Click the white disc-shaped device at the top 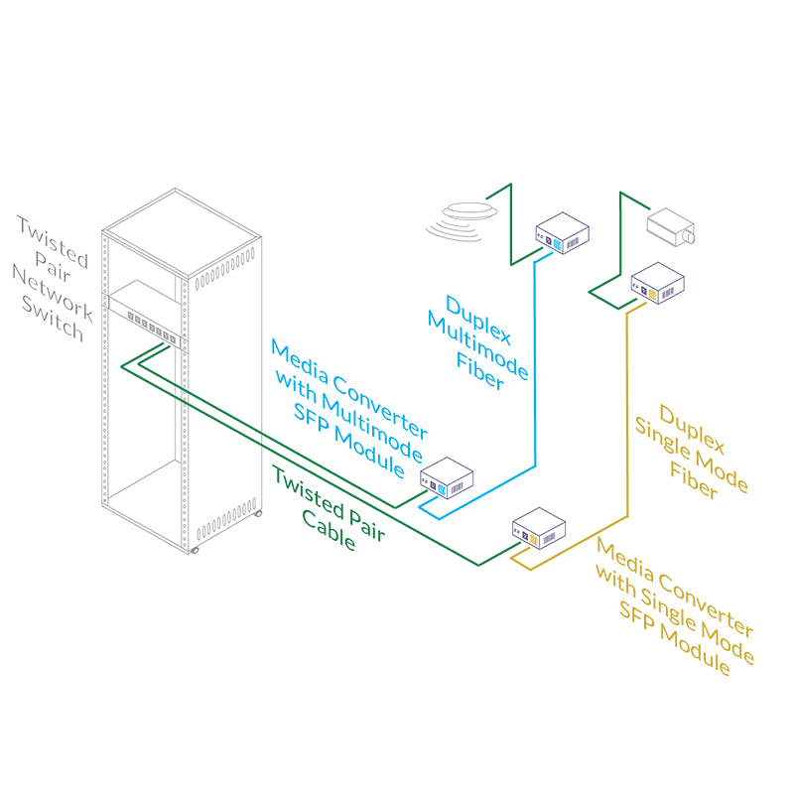(x=470, y=212)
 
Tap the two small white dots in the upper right (x=687, y=237)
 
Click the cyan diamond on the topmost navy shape (x=558, y=244)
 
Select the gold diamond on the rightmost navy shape (x=652, y=293)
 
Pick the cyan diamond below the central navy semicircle (x=442, y=488)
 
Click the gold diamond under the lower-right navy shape (x=533, y=540)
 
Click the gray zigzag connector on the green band (x=182, y=394)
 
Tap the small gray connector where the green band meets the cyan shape (x=263, y=438)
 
